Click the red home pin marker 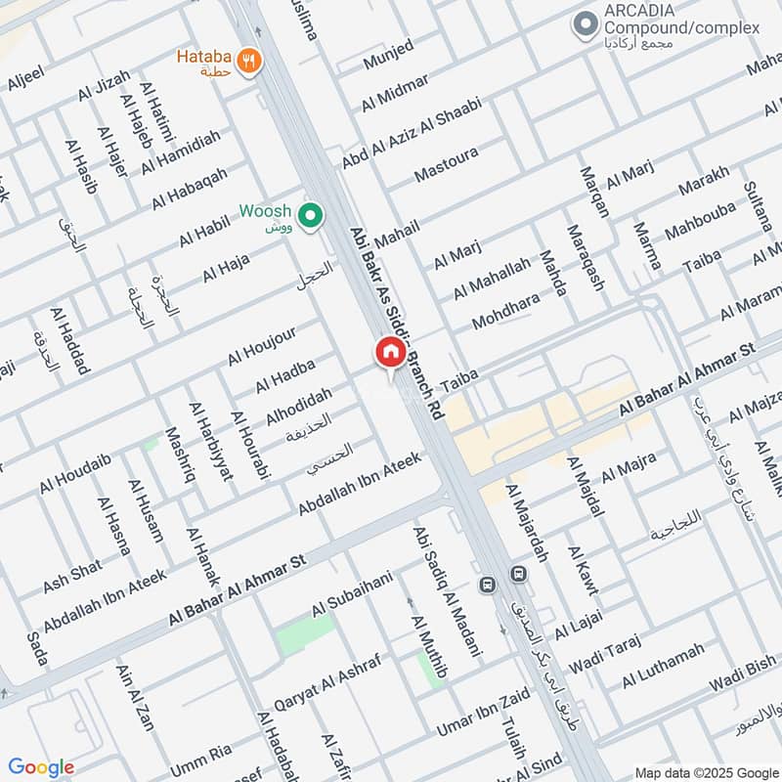click(x=389, y=353)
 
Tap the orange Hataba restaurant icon click(x=251, y=60)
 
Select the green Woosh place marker click(x=311, y=216)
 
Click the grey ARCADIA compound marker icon click(x=586, y=22)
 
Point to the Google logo click(x=41, y=767)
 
